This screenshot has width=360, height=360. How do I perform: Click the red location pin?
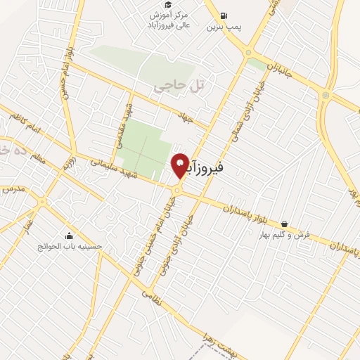[x=180, y=165]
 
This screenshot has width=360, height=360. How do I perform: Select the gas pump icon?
[x=224, y=15]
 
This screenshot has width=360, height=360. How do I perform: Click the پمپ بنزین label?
[x=224, y=28]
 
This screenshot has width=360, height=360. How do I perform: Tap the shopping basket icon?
[x=283, y=224]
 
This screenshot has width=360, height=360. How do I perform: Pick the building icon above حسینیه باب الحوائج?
[x=69, y=236]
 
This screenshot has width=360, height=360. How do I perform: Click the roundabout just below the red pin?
[x=178, y=190]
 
